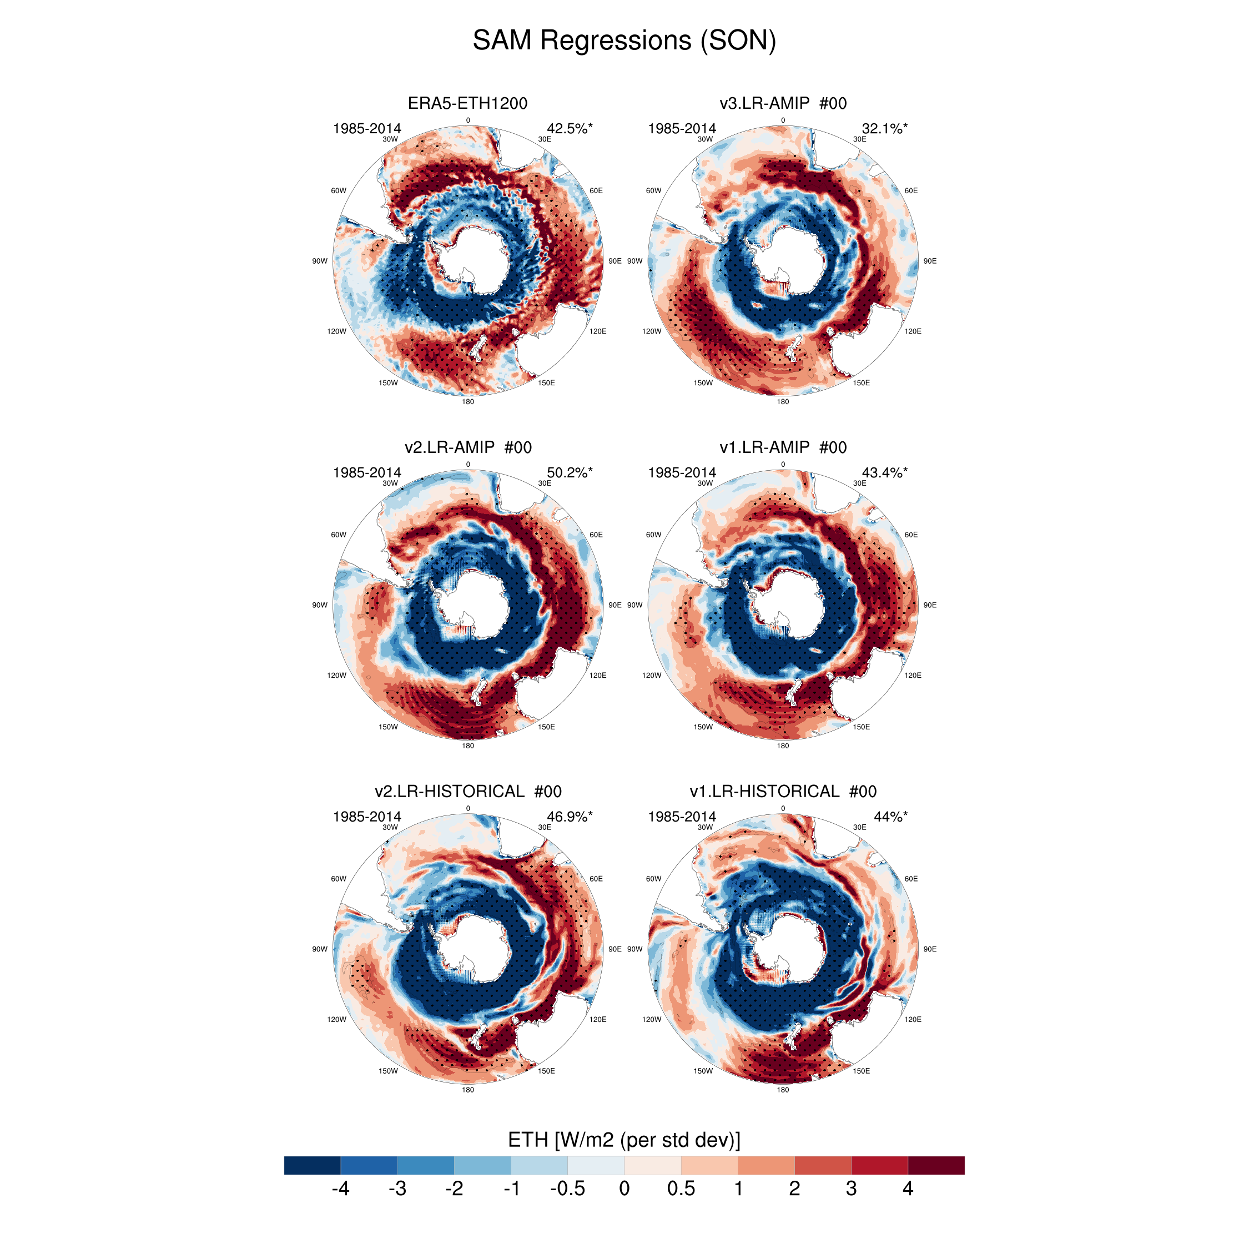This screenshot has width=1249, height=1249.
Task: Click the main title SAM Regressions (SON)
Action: click(x=624, y=40)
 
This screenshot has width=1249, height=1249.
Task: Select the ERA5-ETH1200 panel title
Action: click(x=467, y=103)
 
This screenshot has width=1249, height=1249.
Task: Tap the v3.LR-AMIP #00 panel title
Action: click(x=782, y=103)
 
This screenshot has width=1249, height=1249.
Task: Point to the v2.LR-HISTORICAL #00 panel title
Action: click(x=467, y=791)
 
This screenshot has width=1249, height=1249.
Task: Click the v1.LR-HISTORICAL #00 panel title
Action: click(x=782, y=791)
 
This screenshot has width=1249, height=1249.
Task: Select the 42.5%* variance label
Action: click(x=569, y=129)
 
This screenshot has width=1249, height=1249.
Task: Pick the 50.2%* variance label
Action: click(x=569, y=472)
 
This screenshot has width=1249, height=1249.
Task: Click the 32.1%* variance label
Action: click(x=884, y=129)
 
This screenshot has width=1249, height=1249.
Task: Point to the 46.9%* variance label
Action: click(x=569, y=817)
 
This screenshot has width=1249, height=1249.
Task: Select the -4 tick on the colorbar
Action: click(x=340, y=1188)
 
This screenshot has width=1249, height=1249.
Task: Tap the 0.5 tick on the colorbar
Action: click(x=681, y=1188)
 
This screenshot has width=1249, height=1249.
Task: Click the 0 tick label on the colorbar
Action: click(x=624, y=1188)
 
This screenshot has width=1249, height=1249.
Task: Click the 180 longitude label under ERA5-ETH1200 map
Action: click(x=467, y=401)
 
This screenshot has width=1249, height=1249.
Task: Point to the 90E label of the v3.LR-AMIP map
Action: click(x=930, y=261)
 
